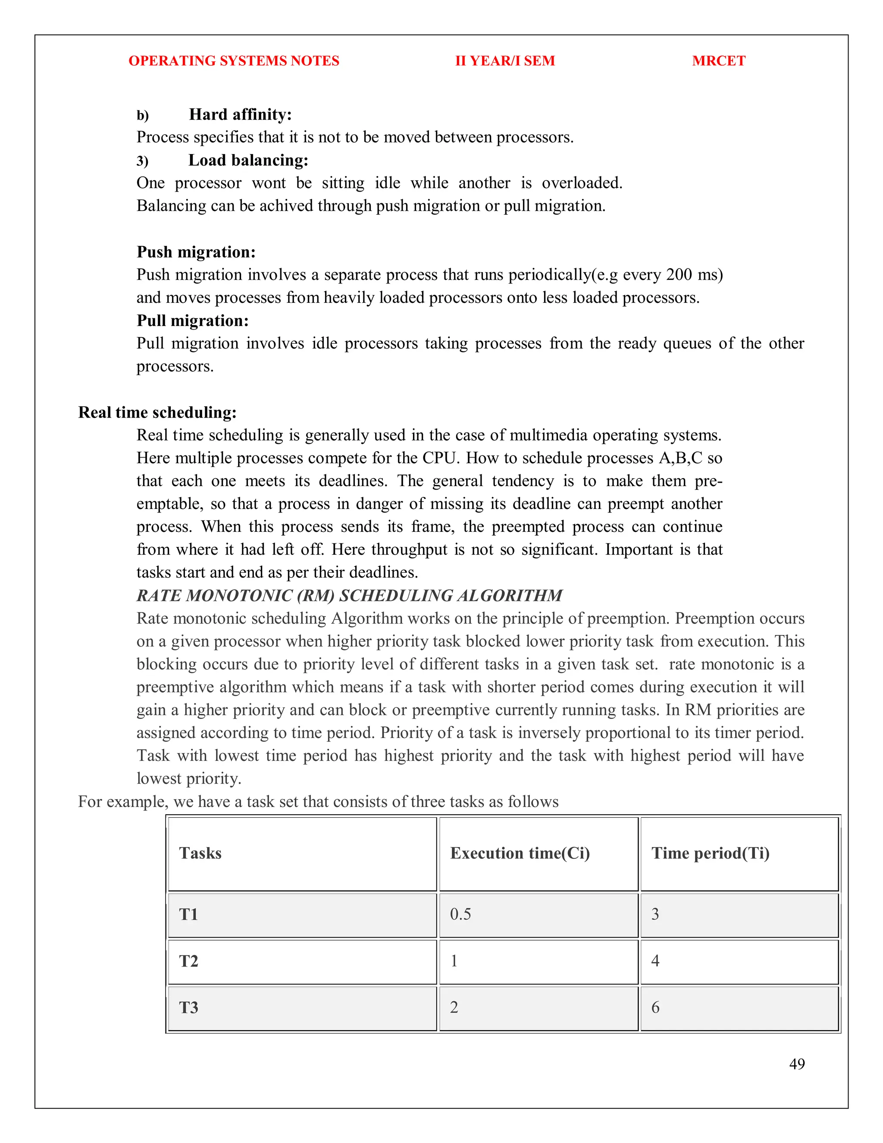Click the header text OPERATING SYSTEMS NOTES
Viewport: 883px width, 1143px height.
tap(234, 61)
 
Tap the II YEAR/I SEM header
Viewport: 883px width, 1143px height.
tap(505, 61)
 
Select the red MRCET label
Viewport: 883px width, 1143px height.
tap(718, 61)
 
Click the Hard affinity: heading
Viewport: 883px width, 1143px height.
tap(240, 115)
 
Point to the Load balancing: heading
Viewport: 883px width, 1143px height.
tap(248, 160)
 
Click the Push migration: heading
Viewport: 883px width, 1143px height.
tap(196, 252)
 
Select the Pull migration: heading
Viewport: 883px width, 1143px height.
tap(192, 320)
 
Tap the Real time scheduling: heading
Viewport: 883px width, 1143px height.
tap(157, 412)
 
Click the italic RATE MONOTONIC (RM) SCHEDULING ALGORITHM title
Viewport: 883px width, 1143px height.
tap(349, 596)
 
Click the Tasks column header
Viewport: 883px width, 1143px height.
tap(200, 853)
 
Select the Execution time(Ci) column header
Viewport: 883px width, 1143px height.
tap(520, 853)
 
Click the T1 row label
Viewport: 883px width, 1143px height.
tap(188, 914)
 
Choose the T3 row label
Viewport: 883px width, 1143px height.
tap(188, 1008)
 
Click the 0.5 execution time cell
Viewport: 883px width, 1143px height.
tap(460, 914)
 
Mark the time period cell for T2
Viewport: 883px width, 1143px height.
tap(655, 961)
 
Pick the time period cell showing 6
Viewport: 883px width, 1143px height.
tap(655, 1008)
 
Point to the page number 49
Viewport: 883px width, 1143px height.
tap(797, 1064)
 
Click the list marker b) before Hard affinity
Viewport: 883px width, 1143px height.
tap(142, 116)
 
